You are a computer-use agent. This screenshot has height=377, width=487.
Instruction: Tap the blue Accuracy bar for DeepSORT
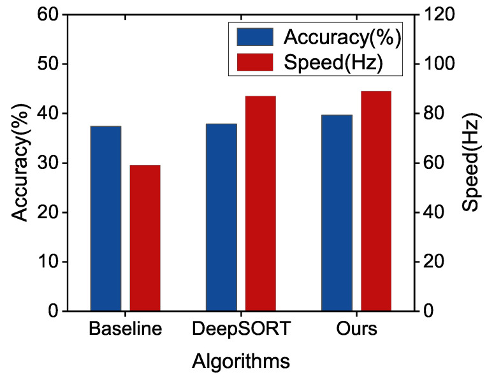point(221,217)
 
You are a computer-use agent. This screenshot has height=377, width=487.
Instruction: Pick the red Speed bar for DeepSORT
point(260,203)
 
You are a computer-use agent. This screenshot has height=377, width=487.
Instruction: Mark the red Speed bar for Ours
point(376,201)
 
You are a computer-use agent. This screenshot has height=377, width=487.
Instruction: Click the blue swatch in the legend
point(254,37)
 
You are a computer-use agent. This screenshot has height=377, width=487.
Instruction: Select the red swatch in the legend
point(254,63)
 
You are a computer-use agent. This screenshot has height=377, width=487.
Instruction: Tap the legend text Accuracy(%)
point(341,38)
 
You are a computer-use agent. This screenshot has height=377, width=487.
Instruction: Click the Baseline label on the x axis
point(125,330)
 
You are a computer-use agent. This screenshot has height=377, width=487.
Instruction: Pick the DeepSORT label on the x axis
point(240,330)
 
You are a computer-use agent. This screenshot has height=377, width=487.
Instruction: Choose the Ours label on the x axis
point(356,330)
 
